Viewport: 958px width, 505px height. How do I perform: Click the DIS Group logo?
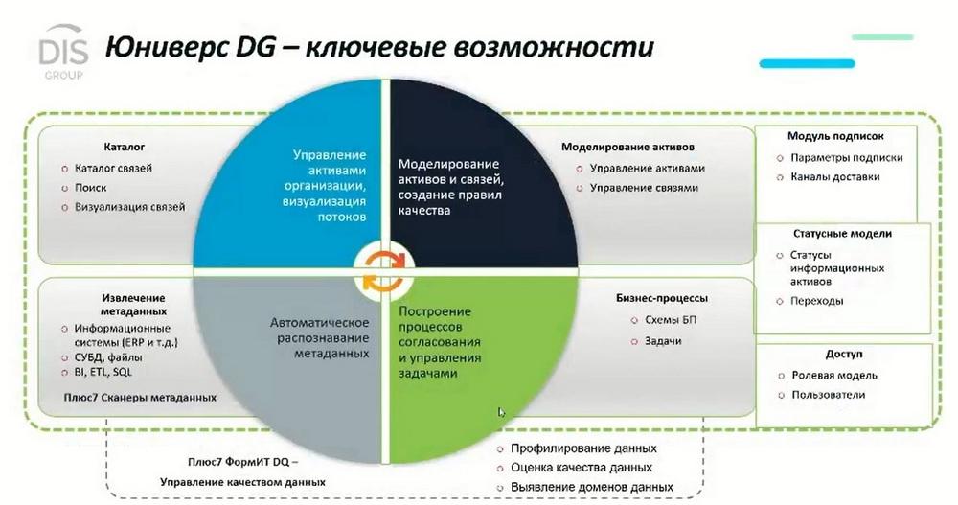pyautogui.click(x=63, y=53)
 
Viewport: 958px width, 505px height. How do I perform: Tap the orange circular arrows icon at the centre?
pyautogui.click(x=384, y=269)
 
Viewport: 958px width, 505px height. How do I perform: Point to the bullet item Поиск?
pyautogui.click(x=90, y=188)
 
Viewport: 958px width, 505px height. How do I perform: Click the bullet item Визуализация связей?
pyautogui.click(x=129, y=207)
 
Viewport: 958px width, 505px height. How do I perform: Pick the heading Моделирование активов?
pyautogui.click(x=627, y=147)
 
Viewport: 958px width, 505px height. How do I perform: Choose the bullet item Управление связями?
pyautogui.click(x=644, y=188)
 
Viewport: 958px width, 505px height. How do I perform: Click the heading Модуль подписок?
pyautogui.click(x=835, y=136)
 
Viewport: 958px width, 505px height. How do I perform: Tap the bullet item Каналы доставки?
pyautogui.click(x=834, y=177)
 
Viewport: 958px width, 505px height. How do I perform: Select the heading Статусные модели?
pyautogui.click(x=842, y=234)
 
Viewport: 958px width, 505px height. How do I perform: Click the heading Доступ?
pyautogui.click(x=844, y=354)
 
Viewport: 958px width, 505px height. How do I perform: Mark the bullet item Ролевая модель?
pyautogui.click(x=834, y=376)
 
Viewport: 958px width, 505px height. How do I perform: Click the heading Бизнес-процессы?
pyautogui.click(x=662, y=298)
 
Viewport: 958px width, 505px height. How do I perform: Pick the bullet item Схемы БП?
pyautogui.click(x=671, y=320)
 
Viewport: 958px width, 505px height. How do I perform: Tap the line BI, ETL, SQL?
pyautogui.click(x=103, y=372)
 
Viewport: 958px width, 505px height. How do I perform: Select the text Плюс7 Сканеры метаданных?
pyautogui.click(x=140, y=398)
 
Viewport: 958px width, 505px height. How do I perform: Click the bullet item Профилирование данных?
pyautogui.click(x=583, y=448)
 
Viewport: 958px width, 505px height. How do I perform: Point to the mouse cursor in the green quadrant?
pyautogui.click(x=501, y=412)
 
